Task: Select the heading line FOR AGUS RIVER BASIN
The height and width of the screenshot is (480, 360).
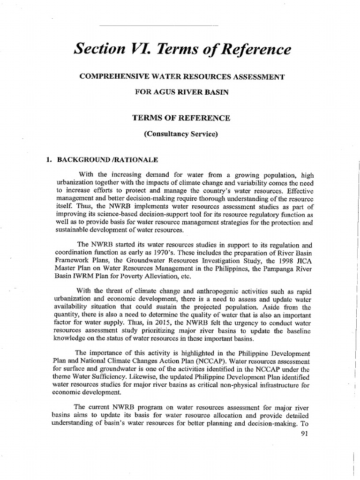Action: (x=182, y=92)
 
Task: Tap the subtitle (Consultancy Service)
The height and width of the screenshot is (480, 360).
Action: (x=182, y=134)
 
